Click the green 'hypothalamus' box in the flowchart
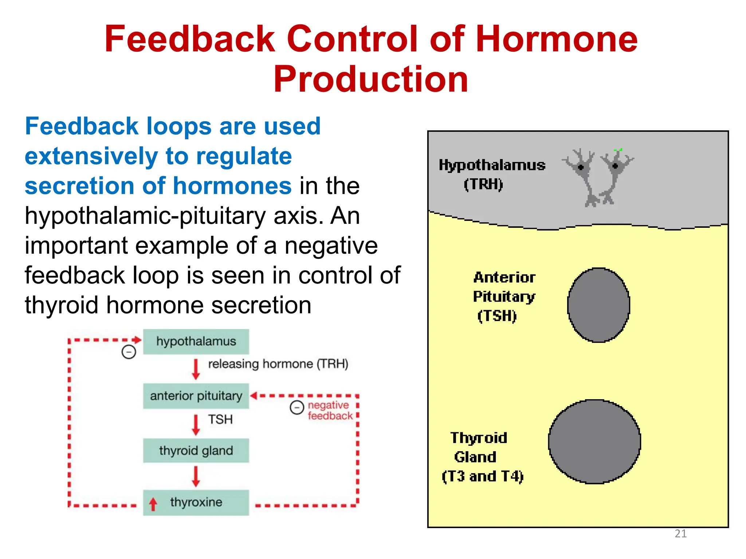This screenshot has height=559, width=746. [196, 341]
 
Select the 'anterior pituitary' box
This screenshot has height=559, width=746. [196, 396]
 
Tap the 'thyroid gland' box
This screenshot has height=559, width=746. [196, 451]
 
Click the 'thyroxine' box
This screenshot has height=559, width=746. [196, 502]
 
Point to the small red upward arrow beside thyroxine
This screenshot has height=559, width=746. [153, 504]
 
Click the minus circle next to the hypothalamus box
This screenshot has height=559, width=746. [129, 352]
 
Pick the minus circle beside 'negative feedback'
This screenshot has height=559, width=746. [297, 407]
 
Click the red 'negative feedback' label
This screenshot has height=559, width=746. [330, 411]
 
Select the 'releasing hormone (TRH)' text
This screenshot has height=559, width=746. [278, 364]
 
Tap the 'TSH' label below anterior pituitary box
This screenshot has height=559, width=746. [220, 419]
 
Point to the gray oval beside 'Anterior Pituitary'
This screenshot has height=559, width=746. [598, 305]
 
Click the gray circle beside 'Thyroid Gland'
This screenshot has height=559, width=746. [594, 441]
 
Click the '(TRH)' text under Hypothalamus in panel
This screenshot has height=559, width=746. [483, 185]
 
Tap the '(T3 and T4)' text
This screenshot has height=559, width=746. [483, 476]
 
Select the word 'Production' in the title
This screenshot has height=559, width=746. [371, 79]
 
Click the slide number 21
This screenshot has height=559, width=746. [680, 534]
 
